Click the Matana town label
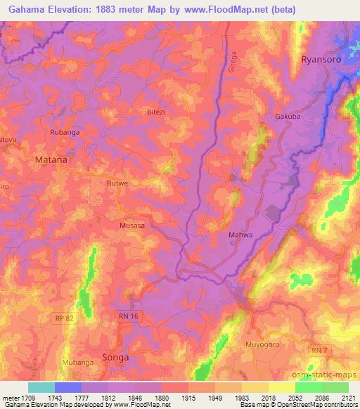[x=51, y=160]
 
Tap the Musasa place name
[x=132, y=226]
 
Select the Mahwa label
[x=240, y=235]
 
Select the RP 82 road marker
[x=63, y=319]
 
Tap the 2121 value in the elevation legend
[x=348, y=398]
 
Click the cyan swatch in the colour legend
[x=41, y=387]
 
